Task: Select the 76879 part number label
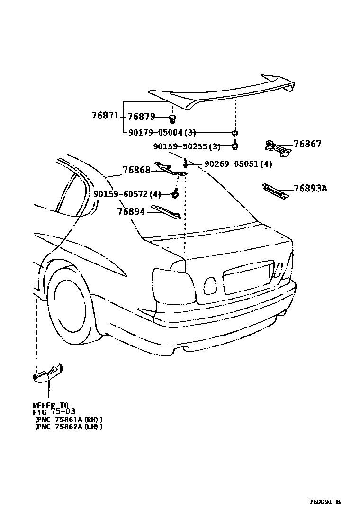click(141, 117)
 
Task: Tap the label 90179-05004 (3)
click(162, 133)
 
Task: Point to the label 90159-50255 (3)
click(187, 146)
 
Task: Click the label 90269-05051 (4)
click(238, 164)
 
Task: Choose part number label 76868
click(136, 170)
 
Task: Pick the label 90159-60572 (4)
click(127, 194)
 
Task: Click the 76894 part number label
click(131, 211)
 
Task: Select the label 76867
click(307, 144)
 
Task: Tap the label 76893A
click(310, 189)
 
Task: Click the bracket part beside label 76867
click(278, 147)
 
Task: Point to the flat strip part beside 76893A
click(276, 191)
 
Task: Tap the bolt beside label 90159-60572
click(175, 193)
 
